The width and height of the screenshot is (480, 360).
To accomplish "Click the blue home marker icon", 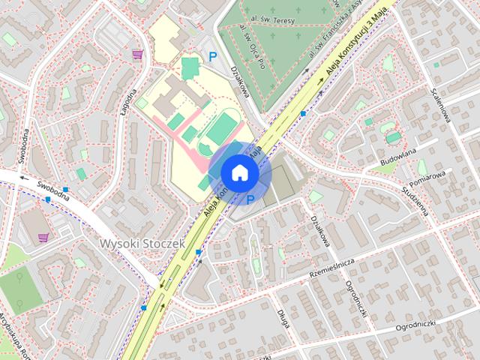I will (239, 172).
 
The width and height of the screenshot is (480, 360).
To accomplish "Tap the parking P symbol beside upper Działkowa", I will (212, 55).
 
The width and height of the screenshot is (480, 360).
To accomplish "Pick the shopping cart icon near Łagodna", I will (137, 54).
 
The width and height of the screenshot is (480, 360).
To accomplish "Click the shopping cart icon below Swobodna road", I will (43, 238).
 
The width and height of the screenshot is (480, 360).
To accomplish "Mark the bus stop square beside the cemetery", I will (303, 113).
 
